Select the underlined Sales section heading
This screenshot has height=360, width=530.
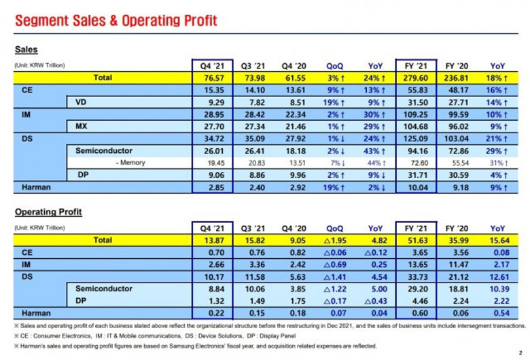(x=26, y=50)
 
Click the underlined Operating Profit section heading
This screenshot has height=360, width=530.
(x=48, y=212)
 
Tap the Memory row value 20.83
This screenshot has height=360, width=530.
(x=253, y=162)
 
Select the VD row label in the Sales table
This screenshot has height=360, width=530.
(x=79, y=102)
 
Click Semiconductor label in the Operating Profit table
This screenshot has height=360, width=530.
(x=103, y=289)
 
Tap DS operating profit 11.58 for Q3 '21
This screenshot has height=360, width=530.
(x=253, y=276)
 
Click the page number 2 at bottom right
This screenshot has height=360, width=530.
(x=520, y=352)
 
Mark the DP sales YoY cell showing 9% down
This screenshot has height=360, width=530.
(x=375, y=174)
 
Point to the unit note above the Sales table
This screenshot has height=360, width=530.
(x=44, y=65)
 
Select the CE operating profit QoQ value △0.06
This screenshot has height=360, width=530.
(x=334, y=253)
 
